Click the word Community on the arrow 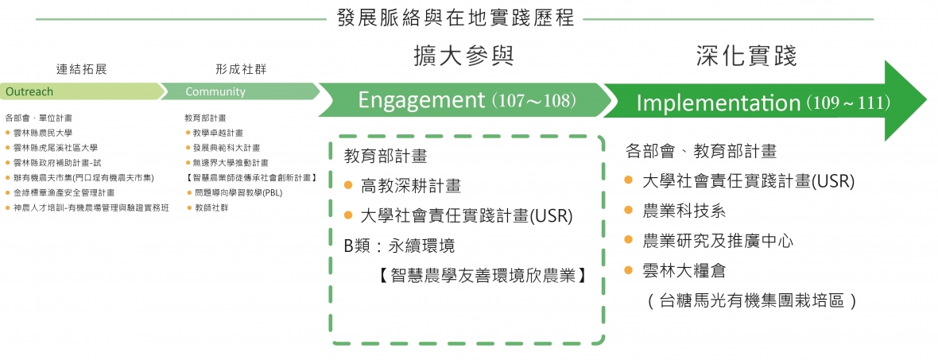(215, 91)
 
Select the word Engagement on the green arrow (421, 100)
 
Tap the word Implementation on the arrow (719, 103)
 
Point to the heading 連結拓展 (81, 69)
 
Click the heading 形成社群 (240, 69)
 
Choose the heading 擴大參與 (464, 56)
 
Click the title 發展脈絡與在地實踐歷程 (456, 17)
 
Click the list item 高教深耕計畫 (410, 186)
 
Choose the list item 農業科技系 (684, 211)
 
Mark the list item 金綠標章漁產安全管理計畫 (64, 192)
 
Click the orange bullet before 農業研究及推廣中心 (629, 240)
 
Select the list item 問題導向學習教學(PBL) (238, 192)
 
